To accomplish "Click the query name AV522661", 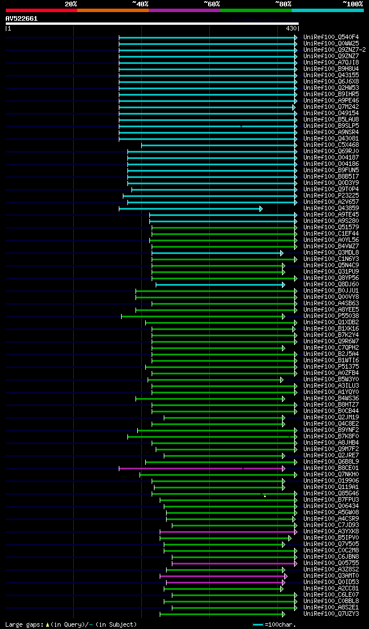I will (21, 18).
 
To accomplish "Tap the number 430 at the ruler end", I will (291, 28).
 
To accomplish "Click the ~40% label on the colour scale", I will (140, 4).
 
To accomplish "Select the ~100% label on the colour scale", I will (352, 4).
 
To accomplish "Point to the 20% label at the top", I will (71, 4).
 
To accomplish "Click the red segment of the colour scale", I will (41, 10).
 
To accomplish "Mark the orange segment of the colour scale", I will (112, 10).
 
